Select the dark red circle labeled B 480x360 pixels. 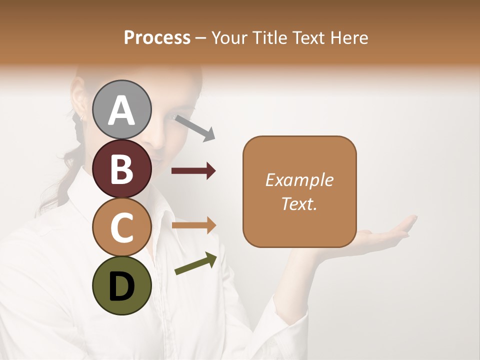tap(122, 168)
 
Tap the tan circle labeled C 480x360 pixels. tap(122, 227)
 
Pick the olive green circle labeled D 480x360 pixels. tap(122, 285)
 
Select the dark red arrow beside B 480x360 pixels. tap(193, 171)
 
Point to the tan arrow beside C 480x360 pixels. tap(193, 225)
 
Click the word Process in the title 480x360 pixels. tap(157, 37)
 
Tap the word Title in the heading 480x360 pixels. tap(270, 37)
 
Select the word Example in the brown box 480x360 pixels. tap(299, 180)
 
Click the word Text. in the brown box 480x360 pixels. tap(299, 203)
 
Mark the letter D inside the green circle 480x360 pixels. tap(122, 287)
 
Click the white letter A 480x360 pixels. tap(122, 110)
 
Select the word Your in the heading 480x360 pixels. tap(230, 37)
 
